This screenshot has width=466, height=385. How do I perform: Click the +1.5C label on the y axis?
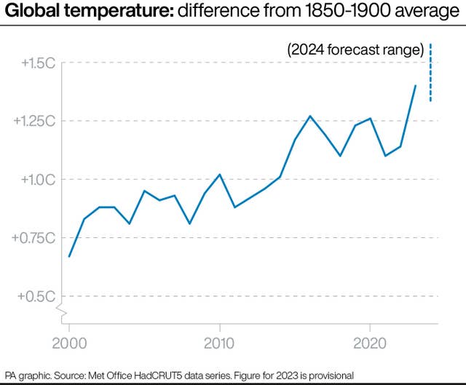click(36, 63)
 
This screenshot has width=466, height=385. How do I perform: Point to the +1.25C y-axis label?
click(33, 121)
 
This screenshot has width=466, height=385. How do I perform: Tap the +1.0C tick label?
click(36, 179)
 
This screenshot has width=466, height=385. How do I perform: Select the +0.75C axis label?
click(33, 238)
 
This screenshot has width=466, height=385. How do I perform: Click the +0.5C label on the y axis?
click(36, 296)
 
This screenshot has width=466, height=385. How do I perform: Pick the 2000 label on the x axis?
click(69, 342)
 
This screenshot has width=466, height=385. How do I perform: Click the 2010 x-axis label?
click(219, 342)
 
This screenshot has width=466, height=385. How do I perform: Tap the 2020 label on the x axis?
click(370, 342)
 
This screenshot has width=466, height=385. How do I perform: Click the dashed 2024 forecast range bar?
click(430, 73)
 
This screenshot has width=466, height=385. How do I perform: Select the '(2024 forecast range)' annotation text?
click(355, 50)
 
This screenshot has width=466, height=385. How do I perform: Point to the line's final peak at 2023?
click(415, 86)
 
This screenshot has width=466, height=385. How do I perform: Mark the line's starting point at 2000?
click(69, 256)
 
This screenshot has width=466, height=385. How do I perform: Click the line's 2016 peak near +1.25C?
click(310, 116)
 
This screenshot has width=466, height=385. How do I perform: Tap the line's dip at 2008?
click(189, 223)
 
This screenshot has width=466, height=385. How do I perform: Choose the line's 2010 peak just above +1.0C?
click(220, 175)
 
